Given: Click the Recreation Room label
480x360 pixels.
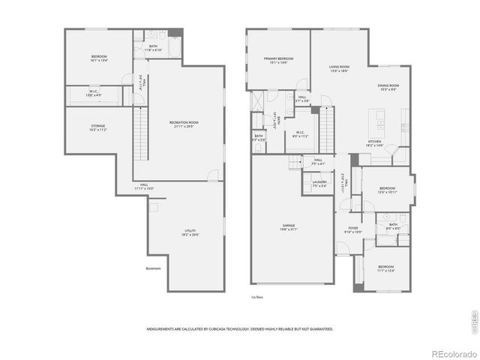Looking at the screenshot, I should tap(184, 124).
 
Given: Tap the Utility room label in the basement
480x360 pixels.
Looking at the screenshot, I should tap(189, 232).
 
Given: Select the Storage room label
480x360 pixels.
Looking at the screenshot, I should tap(98, 127).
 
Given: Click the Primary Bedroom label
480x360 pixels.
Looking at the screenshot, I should tap(277, 60).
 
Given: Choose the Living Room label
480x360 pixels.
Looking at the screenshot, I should tap(339, 68).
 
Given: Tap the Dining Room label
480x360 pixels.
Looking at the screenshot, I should tap(388, 88).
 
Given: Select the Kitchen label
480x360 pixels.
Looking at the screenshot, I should tap(374, 143).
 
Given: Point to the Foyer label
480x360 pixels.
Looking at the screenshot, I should tap(352, 229).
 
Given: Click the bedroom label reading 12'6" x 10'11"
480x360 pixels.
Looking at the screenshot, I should tap(388, 190).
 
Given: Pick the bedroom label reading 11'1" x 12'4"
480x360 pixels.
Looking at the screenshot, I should tap(385, 268).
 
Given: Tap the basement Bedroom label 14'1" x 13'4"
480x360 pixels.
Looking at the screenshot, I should tap(99, 58).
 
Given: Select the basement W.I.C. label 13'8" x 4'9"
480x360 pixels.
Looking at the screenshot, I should tap(93, 94).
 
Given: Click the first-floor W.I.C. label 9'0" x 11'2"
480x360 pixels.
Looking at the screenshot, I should tap(299, 134).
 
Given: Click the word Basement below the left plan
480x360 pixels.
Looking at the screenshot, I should tap(153, 269).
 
